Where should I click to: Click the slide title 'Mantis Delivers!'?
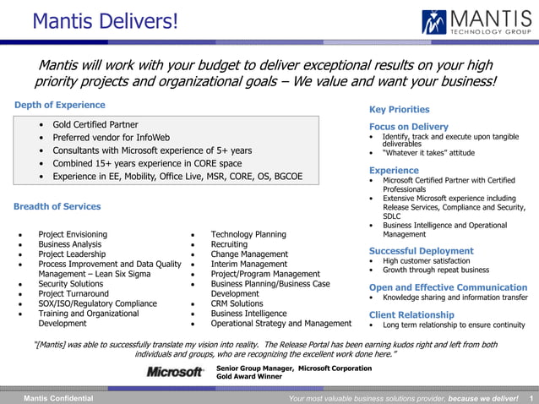pyautogui.click(x=105, y=19)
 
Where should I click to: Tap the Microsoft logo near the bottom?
pyautogui.click(x=175, y=372)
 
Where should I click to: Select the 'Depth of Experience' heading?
pyautogui.click(x=60, y=105)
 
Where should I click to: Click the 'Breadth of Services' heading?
pyautogui.click(x=57, y=206)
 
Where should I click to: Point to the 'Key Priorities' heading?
pyautogui.click(x=399, y=109)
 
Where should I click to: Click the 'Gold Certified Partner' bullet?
pyautogui.click(x=95, y=124)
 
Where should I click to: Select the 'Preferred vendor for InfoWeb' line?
pyautogui.click(x=111, y=138)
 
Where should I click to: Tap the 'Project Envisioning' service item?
pyautogui.click(x=73, y=234)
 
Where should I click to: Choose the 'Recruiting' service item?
pyautogui.click(x=229, y=244)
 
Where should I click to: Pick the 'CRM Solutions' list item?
pyautogui.click(x=237, y=303)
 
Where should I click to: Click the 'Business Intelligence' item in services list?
pyautogui.click(x=248, y=314)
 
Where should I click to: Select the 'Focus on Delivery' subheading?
pyautogui.click(x=408, y=127)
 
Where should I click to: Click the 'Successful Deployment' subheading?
pyautogui.click(x=421, y=251)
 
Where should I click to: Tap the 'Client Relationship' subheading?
pyautogui.click(x=411, y=314)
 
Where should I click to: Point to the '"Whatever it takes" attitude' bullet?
pyautogui.click(x=428, y=153)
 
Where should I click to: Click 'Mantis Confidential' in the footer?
pyautogui.click(x=58, y=398)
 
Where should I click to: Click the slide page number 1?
pyautogui.click(x=531, y=398)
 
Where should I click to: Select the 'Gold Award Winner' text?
pyautogui.click(x=248, y=377)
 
